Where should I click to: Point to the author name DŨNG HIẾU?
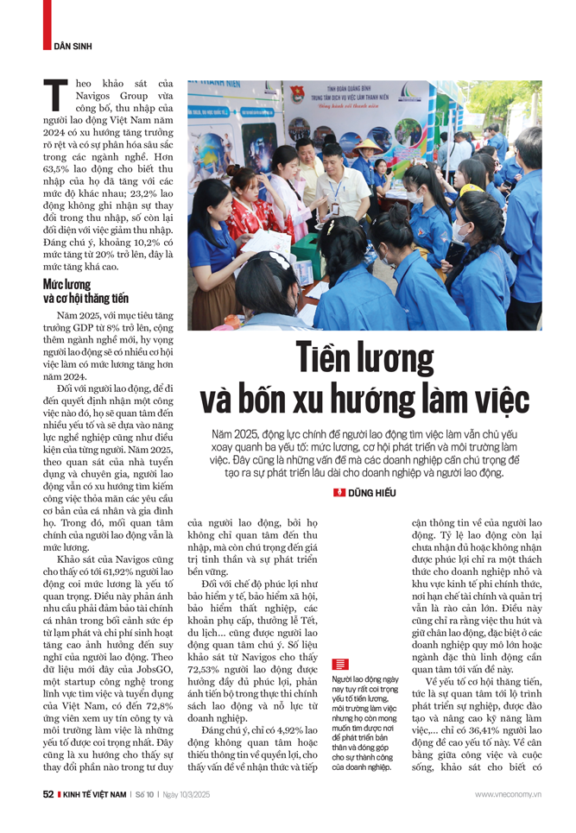(x=377, y=493)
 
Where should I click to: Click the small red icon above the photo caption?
(x=339, y=664)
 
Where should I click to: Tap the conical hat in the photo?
(x=371, y=148)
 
